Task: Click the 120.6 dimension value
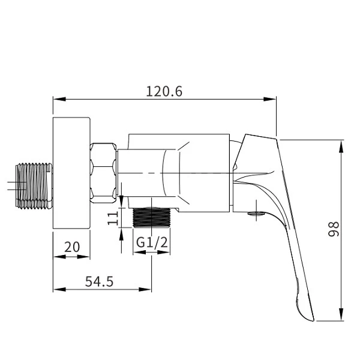(164, 91)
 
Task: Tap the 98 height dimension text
(334, 229)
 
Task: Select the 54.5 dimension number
(99, 281)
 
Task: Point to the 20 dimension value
(72, 247)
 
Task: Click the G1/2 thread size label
(152, 242)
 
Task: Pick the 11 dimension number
(113, 218)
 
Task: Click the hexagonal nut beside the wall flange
(103, 173)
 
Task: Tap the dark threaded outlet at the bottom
(152, 217)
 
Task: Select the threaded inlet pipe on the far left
(34, 186)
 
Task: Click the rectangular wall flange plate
(71, 173)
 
